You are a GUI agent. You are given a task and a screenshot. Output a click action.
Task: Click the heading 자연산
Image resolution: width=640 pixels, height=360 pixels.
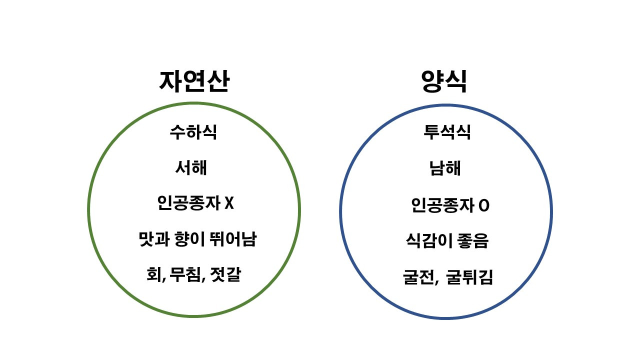pyautogui.click(x=194, y=81)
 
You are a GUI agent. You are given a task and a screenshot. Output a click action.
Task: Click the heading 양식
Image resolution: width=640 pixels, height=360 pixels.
pyautogui.click(x=444, y=81)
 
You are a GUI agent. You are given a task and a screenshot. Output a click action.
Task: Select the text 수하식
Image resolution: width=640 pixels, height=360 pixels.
pyautogui.click(x=193, y=132)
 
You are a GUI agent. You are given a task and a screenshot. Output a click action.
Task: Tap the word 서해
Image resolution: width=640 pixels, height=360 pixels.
pyautogui.click(x=191, y=168)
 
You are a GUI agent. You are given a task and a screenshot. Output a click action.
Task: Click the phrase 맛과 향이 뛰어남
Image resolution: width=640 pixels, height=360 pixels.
pyautogui.click(x=197, y=239)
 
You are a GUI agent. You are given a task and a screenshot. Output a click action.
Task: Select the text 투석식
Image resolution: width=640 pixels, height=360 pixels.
pyautogui.click(x=447, y=132)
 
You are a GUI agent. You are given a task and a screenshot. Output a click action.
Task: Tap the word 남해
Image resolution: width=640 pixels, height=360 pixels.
pyautogui.click(x=445, y=168)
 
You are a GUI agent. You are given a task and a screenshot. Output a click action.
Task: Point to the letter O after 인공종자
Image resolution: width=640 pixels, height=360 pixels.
pyautogui.click(x=483, y=205)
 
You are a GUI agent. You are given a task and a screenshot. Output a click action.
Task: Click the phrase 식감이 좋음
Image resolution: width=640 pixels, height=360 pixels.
pyautogui.click(x=447, y=241)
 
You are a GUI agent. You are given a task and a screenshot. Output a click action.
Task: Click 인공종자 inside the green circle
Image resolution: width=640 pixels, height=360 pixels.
pyautogui.click(x=187, y=204)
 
